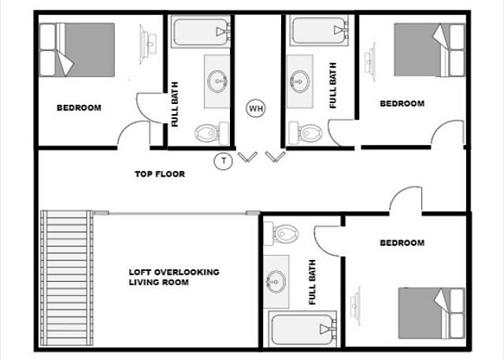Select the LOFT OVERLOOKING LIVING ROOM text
173,277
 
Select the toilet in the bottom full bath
285,232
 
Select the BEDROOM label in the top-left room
78,108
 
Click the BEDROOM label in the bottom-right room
402,243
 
